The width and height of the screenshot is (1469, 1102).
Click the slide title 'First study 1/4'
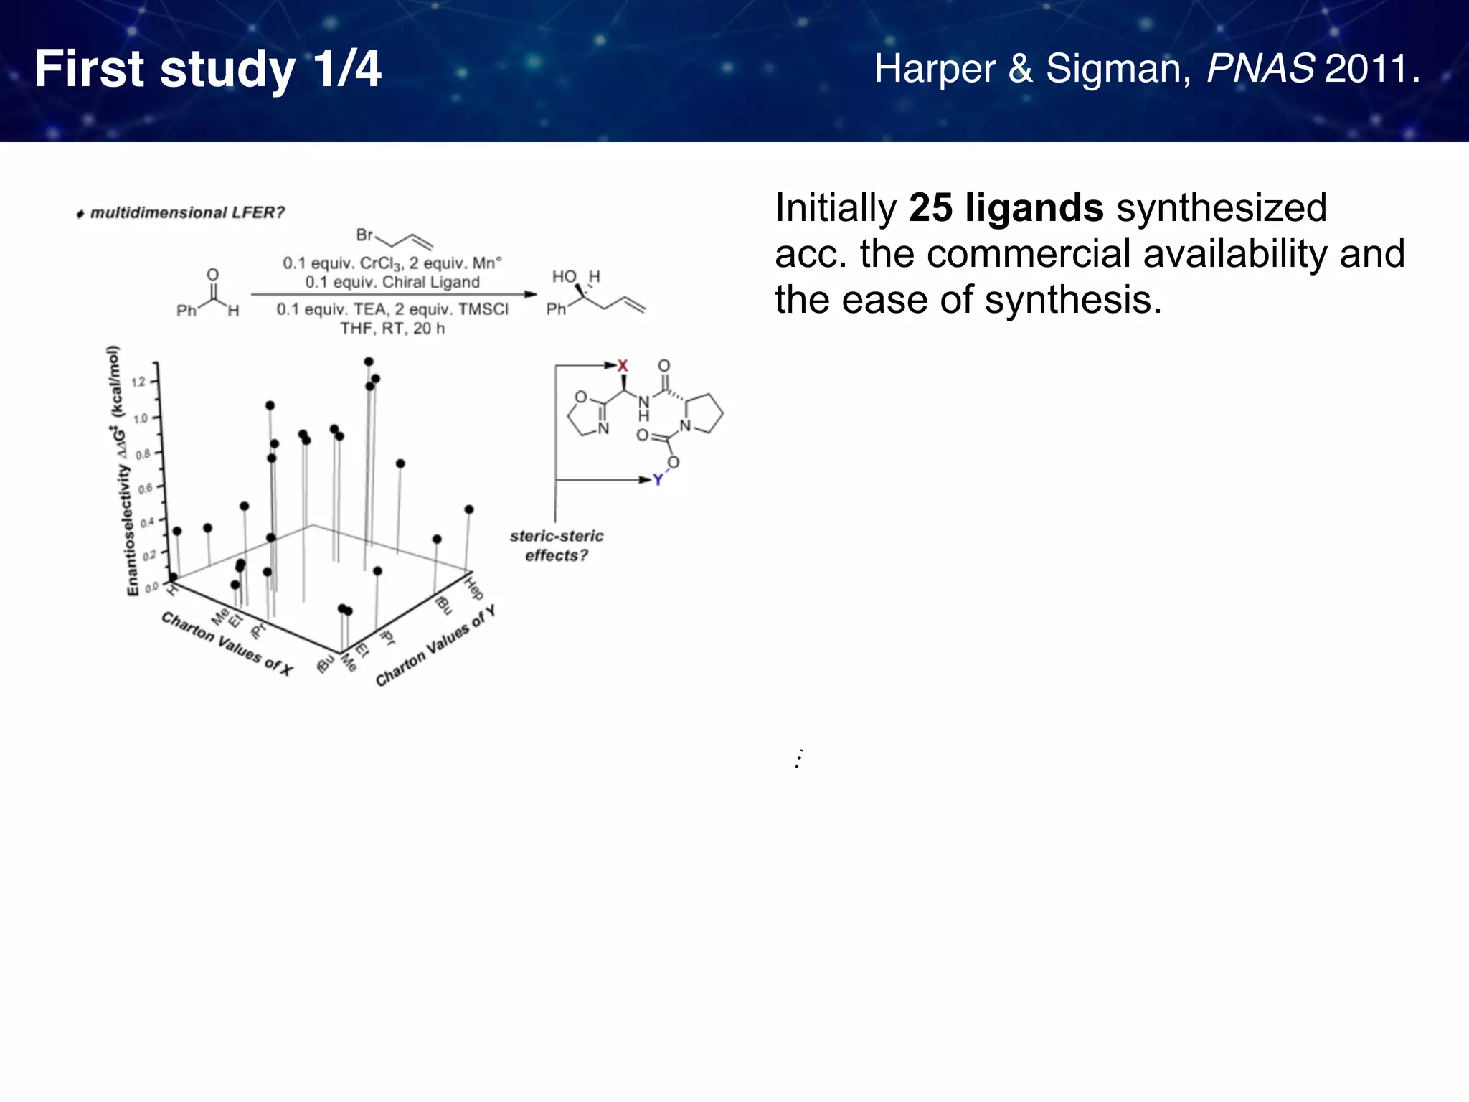(208, 70)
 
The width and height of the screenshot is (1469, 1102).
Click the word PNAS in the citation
(1260, 70)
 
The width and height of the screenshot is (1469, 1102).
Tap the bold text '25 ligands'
(1006, 208)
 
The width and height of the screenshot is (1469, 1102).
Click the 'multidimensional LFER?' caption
(186, 213)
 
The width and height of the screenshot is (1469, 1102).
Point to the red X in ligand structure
(623, 366)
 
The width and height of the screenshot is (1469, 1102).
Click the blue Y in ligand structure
(658, 480)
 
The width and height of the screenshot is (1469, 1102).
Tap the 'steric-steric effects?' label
(557, 546)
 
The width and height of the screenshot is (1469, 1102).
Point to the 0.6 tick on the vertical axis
(144, 489)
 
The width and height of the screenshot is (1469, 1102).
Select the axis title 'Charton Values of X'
(227, 644)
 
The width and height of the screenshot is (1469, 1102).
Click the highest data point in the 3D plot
(369, 362)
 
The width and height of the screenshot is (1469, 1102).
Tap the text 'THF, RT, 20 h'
(392, 329)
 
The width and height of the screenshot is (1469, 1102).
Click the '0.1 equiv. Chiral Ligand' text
(392, 282)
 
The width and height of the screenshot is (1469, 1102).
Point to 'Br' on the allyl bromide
(364, 235)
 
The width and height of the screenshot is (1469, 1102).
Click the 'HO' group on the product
(564, 277)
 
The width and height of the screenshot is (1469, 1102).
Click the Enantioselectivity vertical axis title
(122, 474)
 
